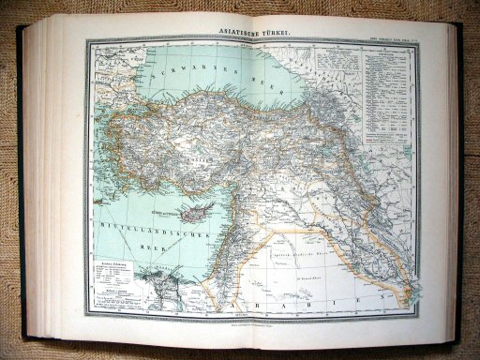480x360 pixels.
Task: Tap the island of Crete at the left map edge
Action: pyautogui.click(x=93, y=208)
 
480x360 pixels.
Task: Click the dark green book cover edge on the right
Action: pyautogui.click(x=460, y=178)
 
